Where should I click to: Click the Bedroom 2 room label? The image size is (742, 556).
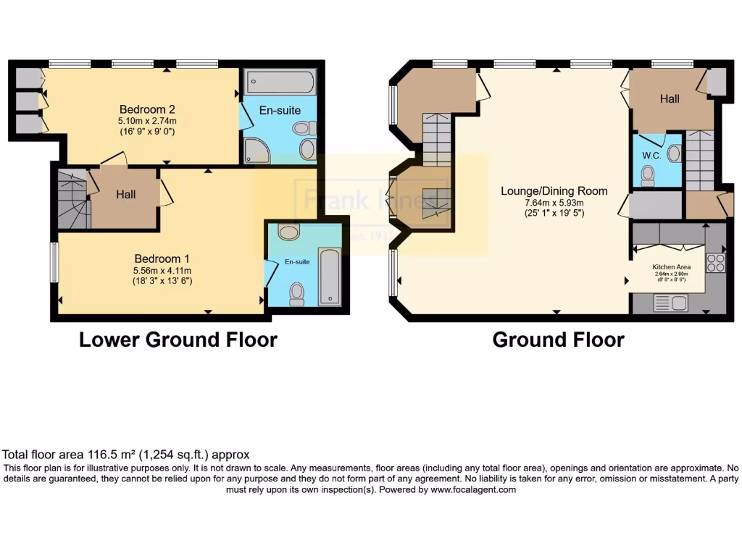point(148,109)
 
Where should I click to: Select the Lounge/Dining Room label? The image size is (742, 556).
point(554,191)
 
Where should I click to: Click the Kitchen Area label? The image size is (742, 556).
point(672,266)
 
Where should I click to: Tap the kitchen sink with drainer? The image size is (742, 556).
point(671,303)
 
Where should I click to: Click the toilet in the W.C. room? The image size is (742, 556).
point(649,174)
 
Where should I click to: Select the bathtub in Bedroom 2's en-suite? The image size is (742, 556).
point(279,82)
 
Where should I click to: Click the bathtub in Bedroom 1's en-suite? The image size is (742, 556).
point(330,275)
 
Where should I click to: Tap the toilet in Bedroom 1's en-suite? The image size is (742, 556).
point(296,292)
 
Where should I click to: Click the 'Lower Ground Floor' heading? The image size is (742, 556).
point(178,340)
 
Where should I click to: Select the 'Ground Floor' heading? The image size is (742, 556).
point(558,340)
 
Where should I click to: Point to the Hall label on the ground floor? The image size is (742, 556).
point(669,98)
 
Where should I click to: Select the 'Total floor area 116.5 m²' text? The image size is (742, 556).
point(127,455)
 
